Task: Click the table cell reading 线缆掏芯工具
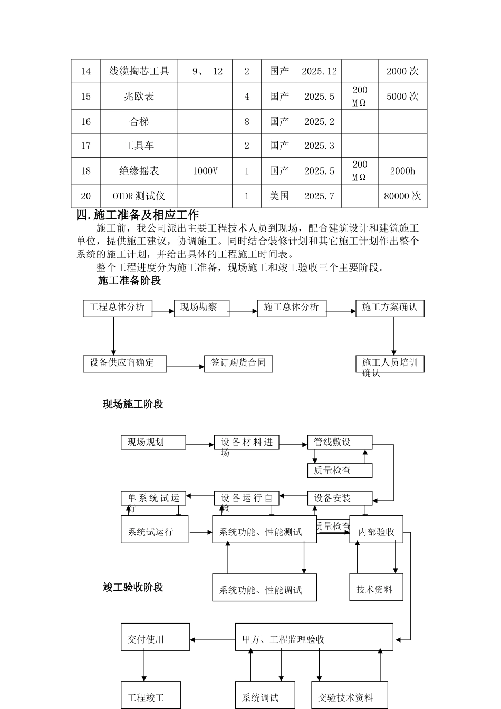coord(139,71)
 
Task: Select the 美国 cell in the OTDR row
coord(279,196)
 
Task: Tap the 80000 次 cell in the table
coord(402,196)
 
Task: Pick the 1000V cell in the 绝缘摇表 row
coord(205,171)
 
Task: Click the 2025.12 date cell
coord(319,71)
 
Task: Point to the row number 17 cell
coord(86,146)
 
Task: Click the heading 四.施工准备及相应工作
coord(138,215)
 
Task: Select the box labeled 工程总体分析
coord(117,308)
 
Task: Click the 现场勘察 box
coord(201,308)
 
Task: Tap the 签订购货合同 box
coord(238,363)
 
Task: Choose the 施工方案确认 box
coord(390,308)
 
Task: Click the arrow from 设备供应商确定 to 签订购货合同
coord(185,367)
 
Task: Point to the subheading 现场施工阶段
coord(133,404)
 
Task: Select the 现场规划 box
coord(153,442)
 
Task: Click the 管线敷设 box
coord(340,442)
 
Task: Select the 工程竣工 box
coord(150,695)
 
